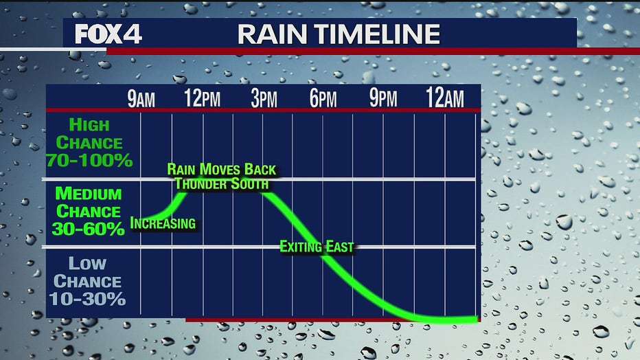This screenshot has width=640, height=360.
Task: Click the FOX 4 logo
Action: [x=108, y=34]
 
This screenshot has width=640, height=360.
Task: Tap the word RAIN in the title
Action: [x=272, y=34]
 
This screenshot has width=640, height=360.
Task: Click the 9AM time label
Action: [x=141, y=98]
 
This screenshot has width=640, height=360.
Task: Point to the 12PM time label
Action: [x=202, y=98]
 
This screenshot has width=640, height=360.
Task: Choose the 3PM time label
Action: [x=264, y=98]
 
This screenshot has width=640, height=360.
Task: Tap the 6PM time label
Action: [x=323, y=98]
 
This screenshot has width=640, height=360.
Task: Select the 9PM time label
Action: [x=383, y=98]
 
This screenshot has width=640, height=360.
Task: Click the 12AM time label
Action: [x=445, y=98]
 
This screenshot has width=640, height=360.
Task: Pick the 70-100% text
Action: [x=89, y=160]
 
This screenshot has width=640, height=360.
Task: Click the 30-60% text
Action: [x=88, y=229]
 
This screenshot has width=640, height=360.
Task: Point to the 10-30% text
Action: [x=87, y=299]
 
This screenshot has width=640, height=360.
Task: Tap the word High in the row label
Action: [x=89, y=125]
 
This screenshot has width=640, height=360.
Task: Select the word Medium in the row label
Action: [x=89, y=194]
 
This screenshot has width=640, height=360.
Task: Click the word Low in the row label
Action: [x=87, y=264]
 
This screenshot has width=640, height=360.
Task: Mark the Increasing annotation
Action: [x=163, y=223]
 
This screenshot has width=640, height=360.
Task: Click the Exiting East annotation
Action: [x=317, y=247]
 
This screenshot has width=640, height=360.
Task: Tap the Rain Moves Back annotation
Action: [x=222, y=170]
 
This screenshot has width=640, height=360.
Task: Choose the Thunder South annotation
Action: [x=222, y=184]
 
